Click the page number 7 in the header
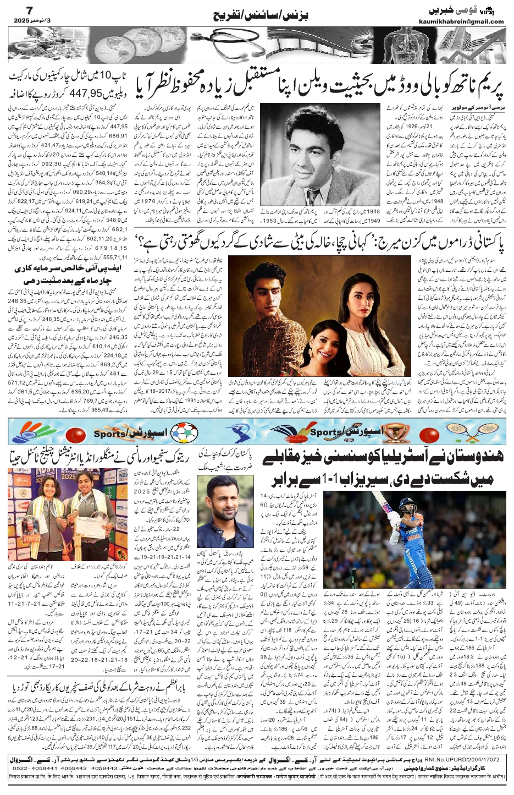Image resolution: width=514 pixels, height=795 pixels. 15,9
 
